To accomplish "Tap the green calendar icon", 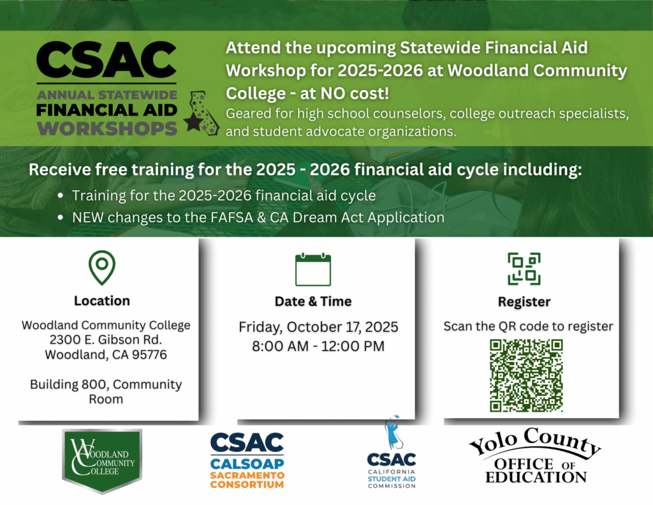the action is [313, 269].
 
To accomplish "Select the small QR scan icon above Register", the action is [524, 269].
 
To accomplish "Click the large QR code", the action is [526, 376].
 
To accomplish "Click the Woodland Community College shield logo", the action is [102, 461].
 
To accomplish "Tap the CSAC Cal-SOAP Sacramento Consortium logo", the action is [247, 460].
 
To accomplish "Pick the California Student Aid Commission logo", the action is [392, 453].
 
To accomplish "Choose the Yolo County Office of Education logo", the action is [536, 455].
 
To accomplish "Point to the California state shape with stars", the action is [202, 112].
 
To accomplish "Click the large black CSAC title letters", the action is [106, 60].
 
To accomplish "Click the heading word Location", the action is [102, 301].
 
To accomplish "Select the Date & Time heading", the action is [313, 301].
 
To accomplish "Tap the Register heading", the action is [524, 302].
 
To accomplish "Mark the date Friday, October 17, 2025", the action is [319, 327].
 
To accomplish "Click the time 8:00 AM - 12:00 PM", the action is [318, 346].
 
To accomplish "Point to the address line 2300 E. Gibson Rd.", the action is [106, 340].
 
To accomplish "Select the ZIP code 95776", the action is [149, 355].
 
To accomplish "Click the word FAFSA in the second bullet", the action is [233, 218].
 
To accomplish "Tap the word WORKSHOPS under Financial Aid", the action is [107, 128].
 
